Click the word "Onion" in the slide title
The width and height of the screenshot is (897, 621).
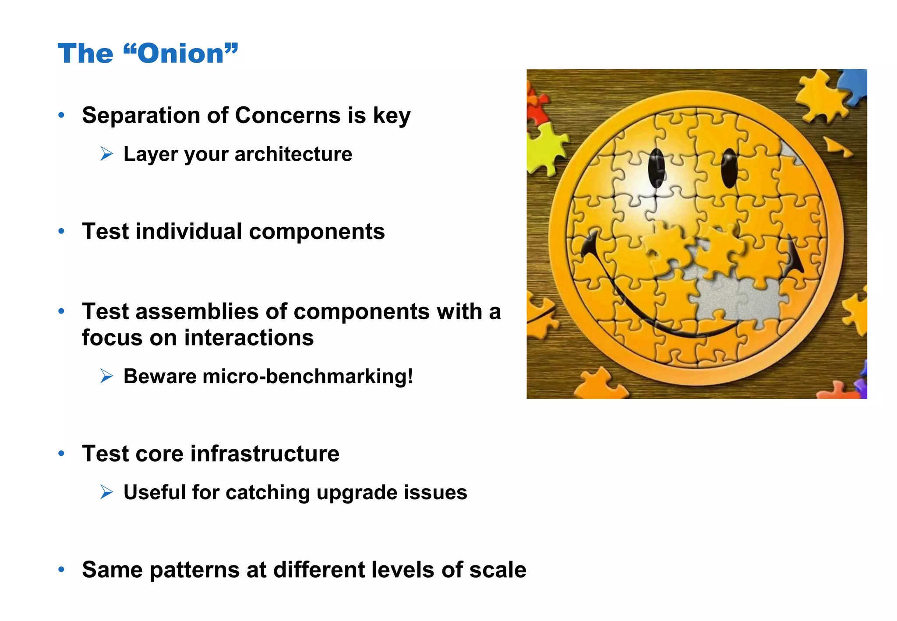tap(181, 54)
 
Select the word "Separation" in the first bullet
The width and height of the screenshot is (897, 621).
tap(140, 116)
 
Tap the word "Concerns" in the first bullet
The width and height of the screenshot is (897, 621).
tap(287, 116)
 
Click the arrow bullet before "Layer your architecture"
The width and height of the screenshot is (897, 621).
tap(106, 154)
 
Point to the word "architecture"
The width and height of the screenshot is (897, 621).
tap(293, 154)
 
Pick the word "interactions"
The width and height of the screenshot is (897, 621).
tap(249, 338)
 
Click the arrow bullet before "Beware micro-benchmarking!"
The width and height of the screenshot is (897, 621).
tap(106, 376)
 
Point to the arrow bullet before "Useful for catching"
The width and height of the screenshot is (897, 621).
tap(106, 492)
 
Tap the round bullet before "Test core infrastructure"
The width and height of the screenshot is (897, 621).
tap(62, 453)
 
